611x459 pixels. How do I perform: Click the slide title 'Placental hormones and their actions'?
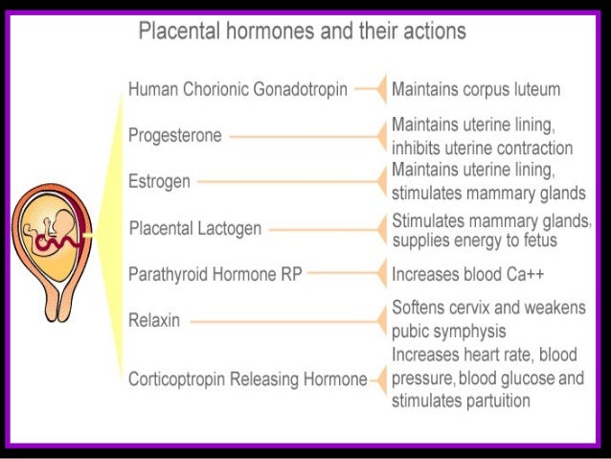(x=303, y=31)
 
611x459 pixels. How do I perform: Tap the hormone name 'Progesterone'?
(x=174, y=136)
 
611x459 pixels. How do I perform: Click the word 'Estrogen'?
(x=159, y=181)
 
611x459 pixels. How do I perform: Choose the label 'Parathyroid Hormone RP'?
(x=215, y=274)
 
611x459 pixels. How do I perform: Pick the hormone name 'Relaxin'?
(x=154, y=319)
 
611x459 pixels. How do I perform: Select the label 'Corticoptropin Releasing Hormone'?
(x=248, y=379)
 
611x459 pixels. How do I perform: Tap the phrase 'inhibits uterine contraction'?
(x=482, y=149)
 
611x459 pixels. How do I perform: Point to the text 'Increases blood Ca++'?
(x=467, y=275)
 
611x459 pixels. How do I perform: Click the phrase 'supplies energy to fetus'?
(x=474, y=240)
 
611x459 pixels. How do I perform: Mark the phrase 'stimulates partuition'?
(x=461, y=401)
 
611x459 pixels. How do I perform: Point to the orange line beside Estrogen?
(x=287, y=181)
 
